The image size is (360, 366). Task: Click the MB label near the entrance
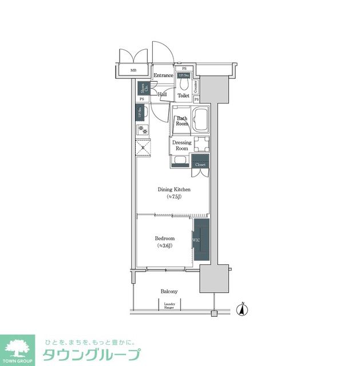point(133,70)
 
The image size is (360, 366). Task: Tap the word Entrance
point(164,75)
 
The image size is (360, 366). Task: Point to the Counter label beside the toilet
point(196,87)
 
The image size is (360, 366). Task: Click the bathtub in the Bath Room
point(201,121)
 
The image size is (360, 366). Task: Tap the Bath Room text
point(182,121)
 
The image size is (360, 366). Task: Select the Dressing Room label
point(181,145)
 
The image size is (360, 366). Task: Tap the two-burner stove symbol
point(143,130)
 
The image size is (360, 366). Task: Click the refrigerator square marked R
point(143,148)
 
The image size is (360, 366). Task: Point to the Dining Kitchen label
point(174,189)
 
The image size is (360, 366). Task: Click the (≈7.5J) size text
point(174,197)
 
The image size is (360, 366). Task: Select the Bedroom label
point(165,238)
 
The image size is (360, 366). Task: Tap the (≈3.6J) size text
point(165,246)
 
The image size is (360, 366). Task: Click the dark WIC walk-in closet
point(201,240)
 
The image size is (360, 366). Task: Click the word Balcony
point(169,291)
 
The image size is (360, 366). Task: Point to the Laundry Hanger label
point(169,305)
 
